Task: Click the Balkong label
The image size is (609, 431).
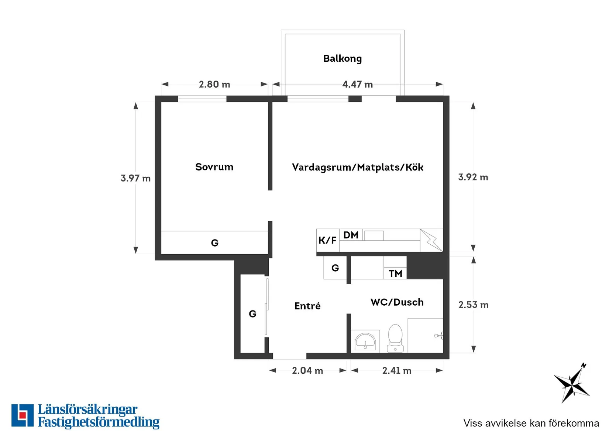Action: click(342, 58)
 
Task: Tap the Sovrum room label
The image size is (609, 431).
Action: click(214, 167)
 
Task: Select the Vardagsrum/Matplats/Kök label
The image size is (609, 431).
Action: click(358, 167)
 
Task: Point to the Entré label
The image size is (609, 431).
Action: click(307, 306)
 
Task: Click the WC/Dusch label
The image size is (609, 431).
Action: click(397, 302)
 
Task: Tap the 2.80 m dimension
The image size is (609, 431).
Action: click(214, 84)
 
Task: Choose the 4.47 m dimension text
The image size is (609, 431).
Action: click(358, 84)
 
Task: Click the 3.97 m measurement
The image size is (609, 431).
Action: click(136, 178)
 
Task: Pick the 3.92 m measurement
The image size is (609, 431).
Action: click(473, 177)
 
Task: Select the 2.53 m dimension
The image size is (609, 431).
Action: click(473, 304)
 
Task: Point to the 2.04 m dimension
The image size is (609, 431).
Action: click(307, 370)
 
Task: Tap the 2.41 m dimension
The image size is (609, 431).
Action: click(397, 370)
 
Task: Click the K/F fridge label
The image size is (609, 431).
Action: click(327, 240)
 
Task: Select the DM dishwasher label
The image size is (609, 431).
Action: click(351, 235)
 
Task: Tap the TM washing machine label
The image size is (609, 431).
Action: click(395, 274)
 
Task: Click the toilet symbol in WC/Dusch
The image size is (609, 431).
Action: click(395, 338)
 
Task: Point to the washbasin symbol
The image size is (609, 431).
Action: click(365, 342)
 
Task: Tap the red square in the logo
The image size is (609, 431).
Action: click(23, 415)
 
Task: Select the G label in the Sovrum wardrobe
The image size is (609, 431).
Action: click(215, 242)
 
